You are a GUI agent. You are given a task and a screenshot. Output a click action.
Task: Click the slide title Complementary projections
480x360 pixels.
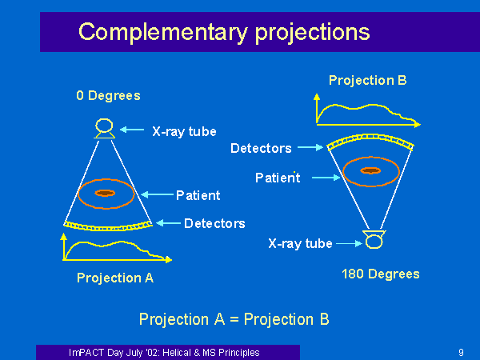click(x=224, y=32)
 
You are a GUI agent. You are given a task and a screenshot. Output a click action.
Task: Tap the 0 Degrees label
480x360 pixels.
click(x=108, y=95)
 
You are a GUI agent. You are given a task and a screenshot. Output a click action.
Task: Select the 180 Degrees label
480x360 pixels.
click(x=381, y=274)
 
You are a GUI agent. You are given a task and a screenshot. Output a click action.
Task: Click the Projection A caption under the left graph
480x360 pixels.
click(x=115, y=278)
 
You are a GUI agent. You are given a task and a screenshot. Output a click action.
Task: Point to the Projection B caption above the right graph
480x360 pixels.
click(x=368, y=81)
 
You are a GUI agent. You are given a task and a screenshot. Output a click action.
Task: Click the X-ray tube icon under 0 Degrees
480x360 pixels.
click(x=104, y=128)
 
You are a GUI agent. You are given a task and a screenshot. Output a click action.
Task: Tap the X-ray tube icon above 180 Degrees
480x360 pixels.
click(x=374, y=239)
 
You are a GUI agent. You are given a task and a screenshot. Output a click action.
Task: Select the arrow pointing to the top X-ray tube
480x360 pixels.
click(x=132, y=130)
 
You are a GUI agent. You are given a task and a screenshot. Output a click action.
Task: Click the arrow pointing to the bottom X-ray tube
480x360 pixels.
click(x=350, y=244)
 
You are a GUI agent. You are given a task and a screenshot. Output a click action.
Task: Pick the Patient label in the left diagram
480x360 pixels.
click(x=198, y=195)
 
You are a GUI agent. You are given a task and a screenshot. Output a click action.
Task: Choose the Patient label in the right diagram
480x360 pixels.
click(x=278, y=178)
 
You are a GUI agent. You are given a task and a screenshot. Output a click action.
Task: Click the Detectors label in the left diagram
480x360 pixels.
click(x=214, y=223)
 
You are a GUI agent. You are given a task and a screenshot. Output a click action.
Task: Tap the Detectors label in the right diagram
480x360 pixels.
click(x=261, y=148)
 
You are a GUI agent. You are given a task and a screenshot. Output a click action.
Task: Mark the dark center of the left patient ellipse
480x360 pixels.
click(x=105, y=193)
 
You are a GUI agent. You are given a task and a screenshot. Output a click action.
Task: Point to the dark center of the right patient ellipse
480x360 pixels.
click(x=370, y=170)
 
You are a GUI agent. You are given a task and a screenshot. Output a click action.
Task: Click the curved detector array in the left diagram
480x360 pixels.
click(x=108, y=228)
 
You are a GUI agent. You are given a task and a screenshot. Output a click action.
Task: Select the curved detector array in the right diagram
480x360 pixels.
click(x=370, y=136)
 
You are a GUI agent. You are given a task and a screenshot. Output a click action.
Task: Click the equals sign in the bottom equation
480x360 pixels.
click(x=234, y=319)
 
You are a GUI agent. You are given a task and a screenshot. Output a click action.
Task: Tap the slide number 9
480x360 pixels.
click(x=461, y=353)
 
